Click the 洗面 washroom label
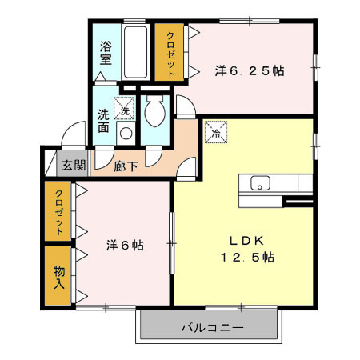point(104,120)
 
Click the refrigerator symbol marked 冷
point(215,133)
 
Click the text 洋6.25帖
point(250,70)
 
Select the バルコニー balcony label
point(211,328)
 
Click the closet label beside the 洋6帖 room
point(58,210)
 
